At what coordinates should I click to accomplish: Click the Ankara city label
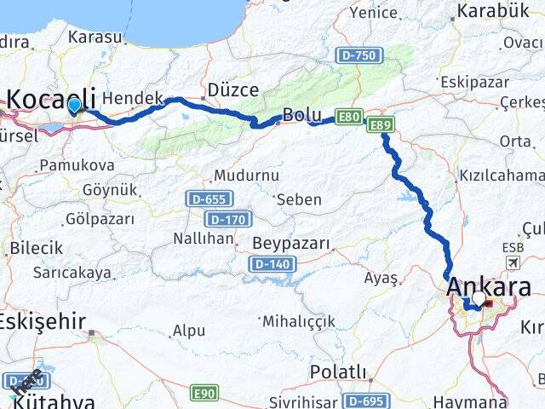tap(495, 286)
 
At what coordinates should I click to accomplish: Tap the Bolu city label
tap(302, 115)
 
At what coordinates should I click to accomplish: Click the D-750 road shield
tap(359, 55)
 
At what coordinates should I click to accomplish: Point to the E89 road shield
tap(381, 125)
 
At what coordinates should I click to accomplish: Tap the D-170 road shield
tap(228, 219)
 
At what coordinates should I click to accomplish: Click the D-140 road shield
tap(271, 265)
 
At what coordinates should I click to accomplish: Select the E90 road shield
tap(204, 393)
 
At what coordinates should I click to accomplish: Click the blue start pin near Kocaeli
tap(75, 105)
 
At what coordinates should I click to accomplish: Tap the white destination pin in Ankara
tap(479, 299)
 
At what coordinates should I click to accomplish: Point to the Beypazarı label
tap(291, 244)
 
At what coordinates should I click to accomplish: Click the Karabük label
tap(493, 11)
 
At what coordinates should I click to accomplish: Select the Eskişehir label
tap(43, 321)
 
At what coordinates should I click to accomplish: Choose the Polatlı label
tap(338, 372)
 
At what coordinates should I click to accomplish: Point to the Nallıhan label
tap(204, 239)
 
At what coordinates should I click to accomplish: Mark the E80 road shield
tap(347, 117)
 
